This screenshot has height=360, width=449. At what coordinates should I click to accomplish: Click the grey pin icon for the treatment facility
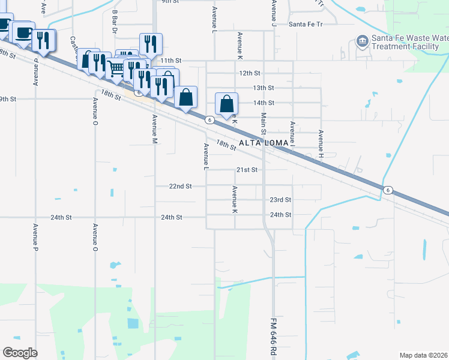click(x=361, y=41)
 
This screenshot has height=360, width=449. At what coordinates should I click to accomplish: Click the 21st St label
click(x=246, y=170)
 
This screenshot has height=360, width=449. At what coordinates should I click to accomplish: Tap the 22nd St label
click(x=180, y=186)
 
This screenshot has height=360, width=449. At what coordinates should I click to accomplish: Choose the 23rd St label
click(x=280, y=200)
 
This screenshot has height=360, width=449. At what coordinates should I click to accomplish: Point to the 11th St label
click(x=170, y=61)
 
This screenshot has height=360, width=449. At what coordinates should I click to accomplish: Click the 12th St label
click(x=250, y=73)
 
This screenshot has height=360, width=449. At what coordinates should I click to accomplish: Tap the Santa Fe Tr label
click(x=306, y=25)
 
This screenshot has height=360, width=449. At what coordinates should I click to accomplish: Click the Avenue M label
click(x=154, y=129)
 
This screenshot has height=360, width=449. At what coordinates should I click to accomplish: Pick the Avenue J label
click(x=273, y=12)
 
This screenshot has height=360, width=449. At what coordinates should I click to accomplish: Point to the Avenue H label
click(x=321, y=144)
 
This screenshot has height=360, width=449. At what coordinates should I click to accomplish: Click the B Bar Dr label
click(x=114, y=21)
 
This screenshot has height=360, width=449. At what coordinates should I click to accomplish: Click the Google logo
click(x=20, y=353)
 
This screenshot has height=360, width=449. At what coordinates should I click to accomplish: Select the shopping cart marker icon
click(x=116, y=70)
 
